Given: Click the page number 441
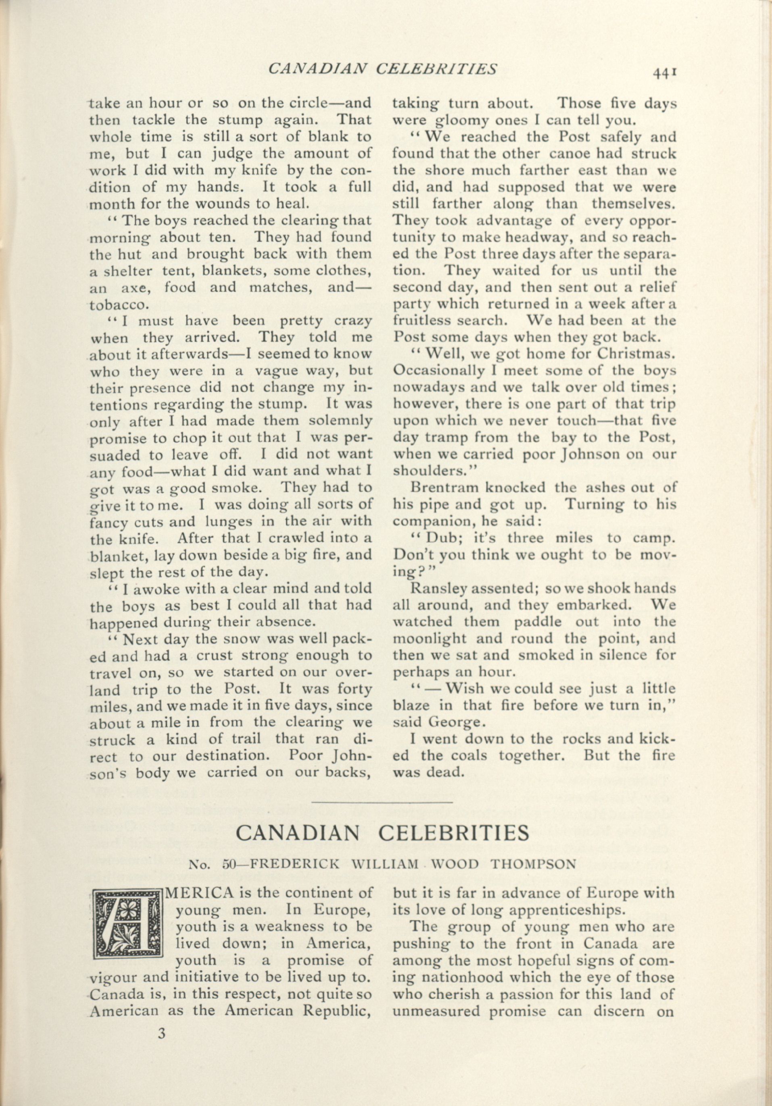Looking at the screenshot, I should point(666,72).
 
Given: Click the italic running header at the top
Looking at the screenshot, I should point(382,69).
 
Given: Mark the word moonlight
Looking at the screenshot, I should point(423,639).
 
